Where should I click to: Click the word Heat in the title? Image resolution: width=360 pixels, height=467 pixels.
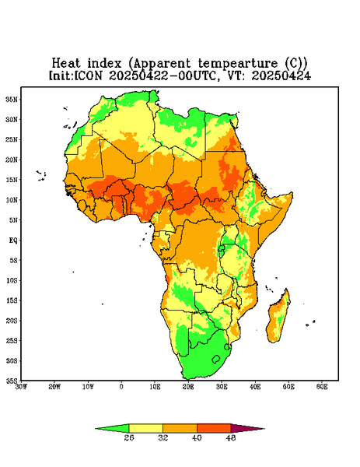click(x=66, y=63)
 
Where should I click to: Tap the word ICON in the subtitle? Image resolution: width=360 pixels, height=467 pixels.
click(x=88, y=75)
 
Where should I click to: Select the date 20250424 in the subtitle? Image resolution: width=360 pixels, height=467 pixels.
click(x=281, y=75)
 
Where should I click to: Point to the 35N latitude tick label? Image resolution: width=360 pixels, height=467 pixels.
click(x=12, y=99)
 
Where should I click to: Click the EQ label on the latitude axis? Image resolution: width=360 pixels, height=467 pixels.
click(x=13, y=240)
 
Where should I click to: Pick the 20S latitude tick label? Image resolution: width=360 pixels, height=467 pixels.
click(x=12, y=321)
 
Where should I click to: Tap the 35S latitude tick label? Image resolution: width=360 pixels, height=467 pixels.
click(x=12, y=381)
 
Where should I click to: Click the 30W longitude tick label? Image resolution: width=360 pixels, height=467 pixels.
click(x=21, y=387)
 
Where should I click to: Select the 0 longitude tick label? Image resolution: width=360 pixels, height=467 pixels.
click(x=121, y=387)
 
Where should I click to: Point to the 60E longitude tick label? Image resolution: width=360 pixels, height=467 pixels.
click(x=322, y=387)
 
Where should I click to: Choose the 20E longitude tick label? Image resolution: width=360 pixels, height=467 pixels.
click(x=188, y=387)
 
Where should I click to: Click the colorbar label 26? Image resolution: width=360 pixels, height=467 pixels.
click(x=129, y=437)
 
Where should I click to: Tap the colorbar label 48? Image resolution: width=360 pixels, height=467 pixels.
click(x=231, y=437)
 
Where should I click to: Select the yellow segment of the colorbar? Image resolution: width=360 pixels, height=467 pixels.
click(x=145, y=428)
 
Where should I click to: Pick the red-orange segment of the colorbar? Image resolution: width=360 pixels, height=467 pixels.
click(x=214, y=428)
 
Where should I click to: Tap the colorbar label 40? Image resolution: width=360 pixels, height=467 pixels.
click(x=197, y=437)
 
